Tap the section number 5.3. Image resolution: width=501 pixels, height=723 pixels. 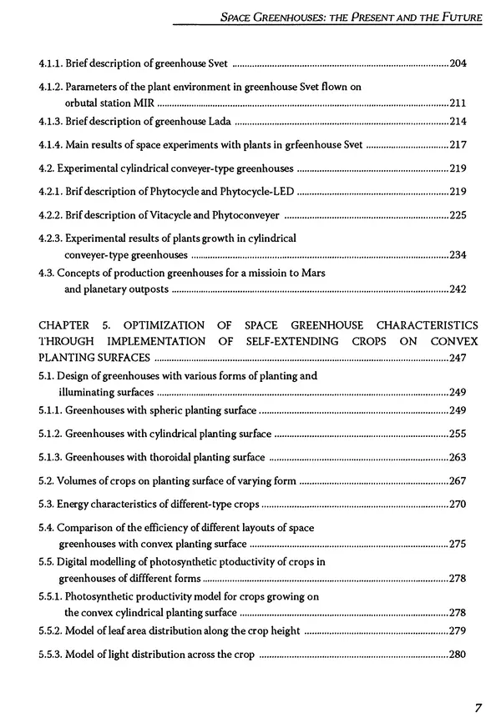tap(47, 504)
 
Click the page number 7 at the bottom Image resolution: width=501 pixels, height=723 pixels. tap(478, 708)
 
